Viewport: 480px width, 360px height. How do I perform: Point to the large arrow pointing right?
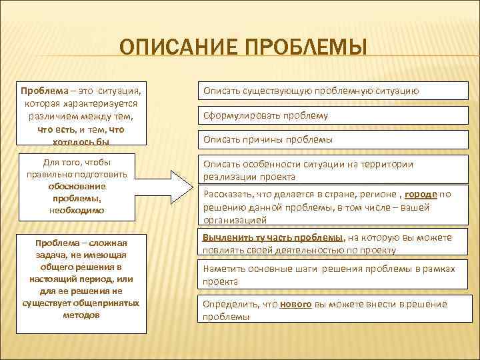pyautogui.click(x=171, y=189)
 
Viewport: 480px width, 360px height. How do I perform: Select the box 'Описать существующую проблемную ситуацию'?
pyautogui.click(x=330, y=91)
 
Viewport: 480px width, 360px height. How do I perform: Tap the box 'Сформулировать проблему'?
pyautogui.click(x=330, y=115)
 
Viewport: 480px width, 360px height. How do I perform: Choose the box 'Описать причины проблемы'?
pyautogui.click(x=330, y=140)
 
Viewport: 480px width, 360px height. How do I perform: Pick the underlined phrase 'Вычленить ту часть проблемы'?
pyautogui.click(x=273, y=237)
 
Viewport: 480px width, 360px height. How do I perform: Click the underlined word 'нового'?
pyautogui.click(x=293, y=304)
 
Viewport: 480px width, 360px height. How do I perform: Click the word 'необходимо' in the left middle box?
pyautogui.click(x=75, y=210)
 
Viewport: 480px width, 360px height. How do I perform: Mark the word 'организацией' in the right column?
pyautogui.click(x=235, y=219)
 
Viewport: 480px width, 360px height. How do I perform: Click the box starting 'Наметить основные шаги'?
pyautogui.click(x=330, y=275)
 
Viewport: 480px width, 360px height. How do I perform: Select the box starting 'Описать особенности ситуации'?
pyautogui.click(x=330, y=170)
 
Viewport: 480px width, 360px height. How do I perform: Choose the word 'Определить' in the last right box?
pyautogui.click(x=229, y=304)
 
